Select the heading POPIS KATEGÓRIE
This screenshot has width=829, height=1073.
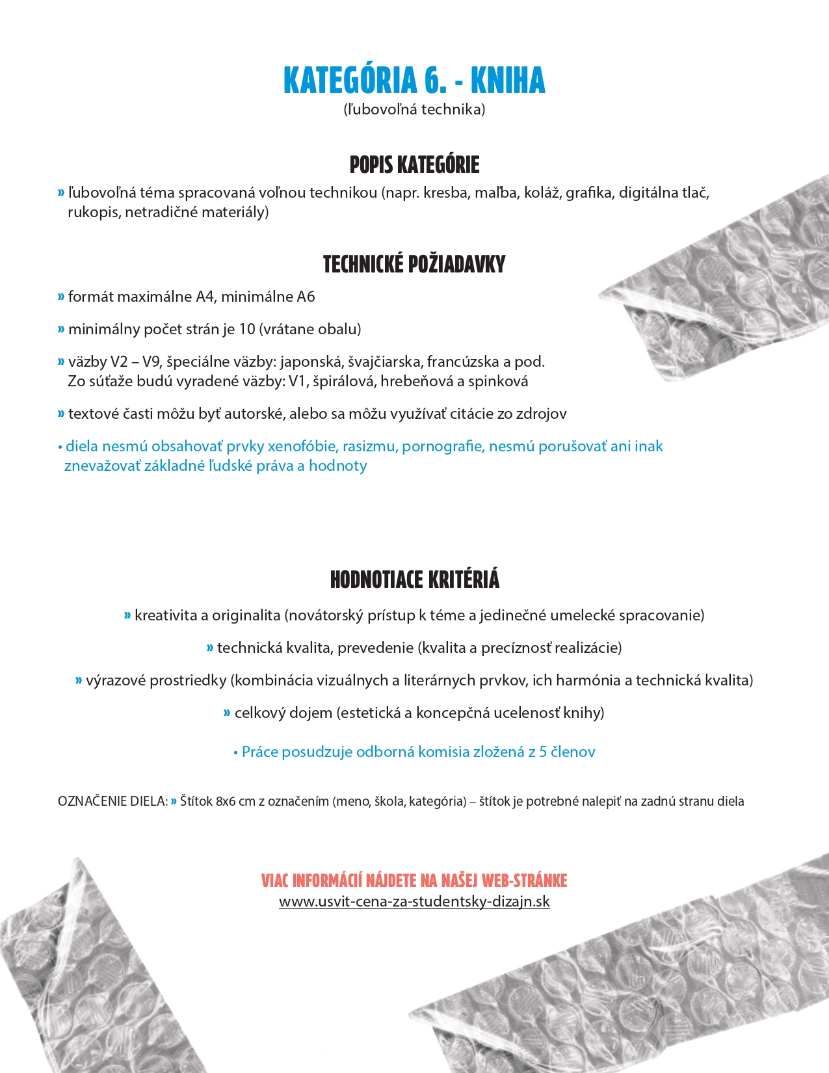pos(414,165)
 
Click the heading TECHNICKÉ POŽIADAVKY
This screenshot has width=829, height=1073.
pos(414,264)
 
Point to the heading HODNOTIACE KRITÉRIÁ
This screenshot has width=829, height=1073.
pos(414,579)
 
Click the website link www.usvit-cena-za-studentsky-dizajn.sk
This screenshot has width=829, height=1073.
pos(414,902)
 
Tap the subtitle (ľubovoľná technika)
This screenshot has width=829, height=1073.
pos(414,109)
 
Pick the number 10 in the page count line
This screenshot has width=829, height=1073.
pos(247,329)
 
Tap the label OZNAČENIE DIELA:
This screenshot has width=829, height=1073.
pos(112,801)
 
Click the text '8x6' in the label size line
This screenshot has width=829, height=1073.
pos(226,801)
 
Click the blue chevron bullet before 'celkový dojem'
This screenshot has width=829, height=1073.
pos(227,713)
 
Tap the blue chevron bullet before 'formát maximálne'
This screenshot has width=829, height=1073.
pos(61,297)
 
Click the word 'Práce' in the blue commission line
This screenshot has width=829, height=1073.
pos(260,752)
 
